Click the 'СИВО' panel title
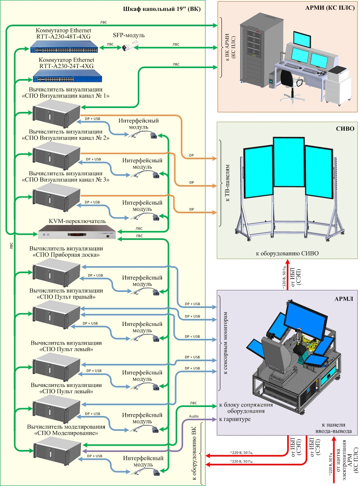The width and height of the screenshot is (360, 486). pyautogui.click(x=345, y=128)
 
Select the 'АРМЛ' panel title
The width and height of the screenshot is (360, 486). pyautogui.click(x=344, y=299)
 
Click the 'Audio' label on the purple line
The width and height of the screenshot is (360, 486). pyautogui.click(x=194, y=416)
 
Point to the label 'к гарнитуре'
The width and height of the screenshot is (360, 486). pyautogui.click(x=235, y=419)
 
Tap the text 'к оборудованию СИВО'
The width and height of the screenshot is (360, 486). pyautogui.click(x=287, y=254)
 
